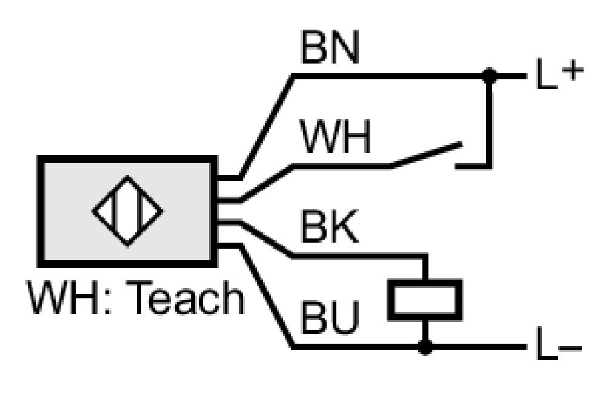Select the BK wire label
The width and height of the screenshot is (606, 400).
(x=329, y=226)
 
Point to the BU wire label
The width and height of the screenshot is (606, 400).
(x=330, y=317)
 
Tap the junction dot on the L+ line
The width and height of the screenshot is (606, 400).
(x=490, y=76)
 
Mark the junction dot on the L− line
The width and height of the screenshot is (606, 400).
(x=425, y=347)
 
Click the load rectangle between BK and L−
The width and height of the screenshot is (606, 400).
(x=425, y=300)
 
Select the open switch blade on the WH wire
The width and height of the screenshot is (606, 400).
(x=427, y=155)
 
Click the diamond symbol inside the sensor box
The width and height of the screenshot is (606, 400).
(x=127, y=211)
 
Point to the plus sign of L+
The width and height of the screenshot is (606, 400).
(x=573, y=71)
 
